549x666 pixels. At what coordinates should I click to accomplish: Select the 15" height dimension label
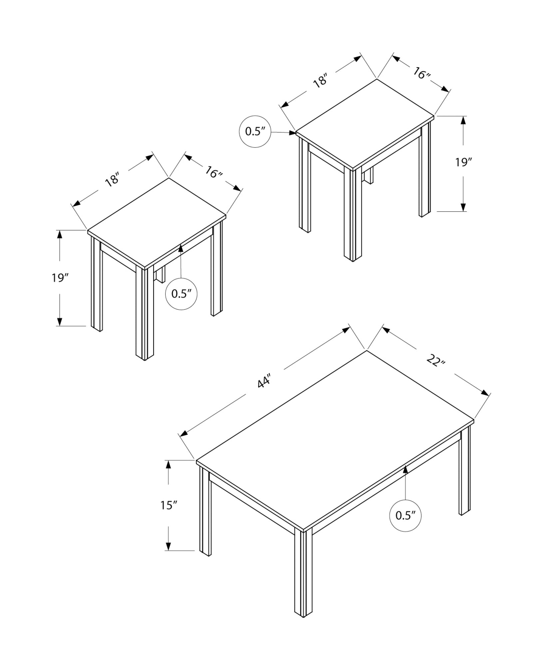coord(168,515)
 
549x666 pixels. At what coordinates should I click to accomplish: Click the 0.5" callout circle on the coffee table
coord(405,525)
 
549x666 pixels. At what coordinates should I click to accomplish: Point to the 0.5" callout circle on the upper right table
coord(255,132)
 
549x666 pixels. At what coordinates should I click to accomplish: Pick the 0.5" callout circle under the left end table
coord(181,294)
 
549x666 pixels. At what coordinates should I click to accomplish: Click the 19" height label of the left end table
coord(60,277)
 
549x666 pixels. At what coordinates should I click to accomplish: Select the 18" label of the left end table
coord(112,179)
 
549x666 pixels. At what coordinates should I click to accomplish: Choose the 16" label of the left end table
coord(214,172)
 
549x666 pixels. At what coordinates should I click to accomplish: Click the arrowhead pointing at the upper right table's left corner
coord(292,133)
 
